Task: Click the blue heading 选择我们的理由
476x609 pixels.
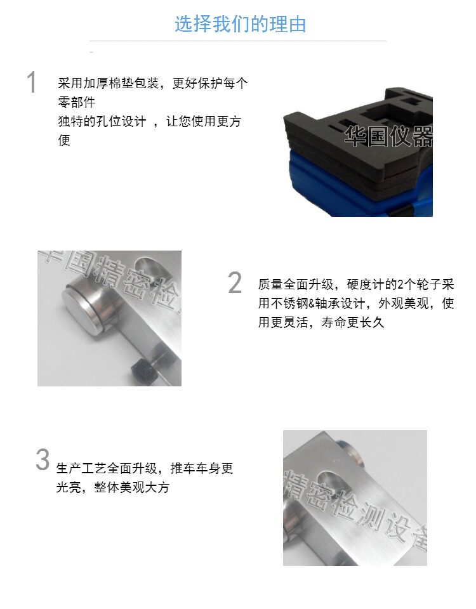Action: click(240, 24)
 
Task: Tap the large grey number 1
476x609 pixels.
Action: click(32, 82)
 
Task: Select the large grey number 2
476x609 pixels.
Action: click(235, 282)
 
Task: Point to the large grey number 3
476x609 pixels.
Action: click(43, 459)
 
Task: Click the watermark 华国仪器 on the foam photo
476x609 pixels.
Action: click(388, 136)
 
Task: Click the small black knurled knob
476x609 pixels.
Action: click(144, 372)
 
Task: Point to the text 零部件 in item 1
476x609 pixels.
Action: click(77, 103)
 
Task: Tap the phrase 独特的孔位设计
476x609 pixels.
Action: click(102, 122)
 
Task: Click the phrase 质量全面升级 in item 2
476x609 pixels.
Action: click(296, 285)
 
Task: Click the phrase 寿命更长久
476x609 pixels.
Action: click(352, 322)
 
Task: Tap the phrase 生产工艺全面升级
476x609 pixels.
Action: click(107, 468)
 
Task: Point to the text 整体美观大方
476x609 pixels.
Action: click(132, 487)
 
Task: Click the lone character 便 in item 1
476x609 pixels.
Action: click(64, 140)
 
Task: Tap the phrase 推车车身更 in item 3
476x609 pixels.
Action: click(202, 468)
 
